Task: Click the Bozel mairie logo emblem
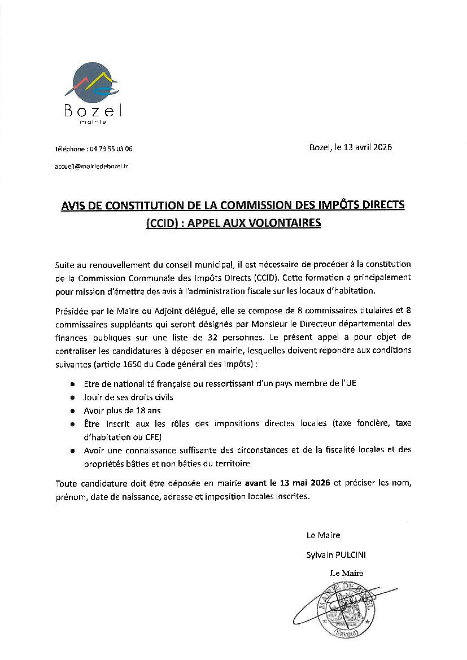91,85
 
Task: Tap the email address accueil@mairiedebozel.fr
91,166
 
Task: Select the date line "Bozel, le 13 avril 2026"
350,147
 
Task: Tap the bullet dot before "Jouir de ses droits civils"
73,397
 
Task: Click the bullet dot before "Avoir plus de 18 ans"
73,411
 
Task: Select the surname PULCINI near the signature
350,555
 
